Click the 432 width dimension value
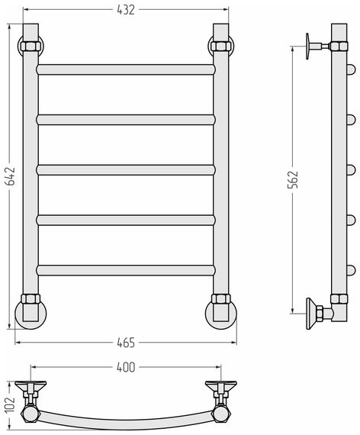point(126,10)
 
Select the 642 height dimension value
point(10,176)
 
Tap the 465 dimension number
point(126,343)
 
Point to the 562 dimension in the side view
point(293,180)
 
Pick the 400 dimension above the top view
point(126,367)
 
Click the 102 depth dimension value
point(10,404)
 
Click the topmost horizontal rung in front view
point(126,69)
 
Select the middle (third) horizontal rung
point(126,170)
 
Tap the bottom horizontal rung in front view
point(126,270)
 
